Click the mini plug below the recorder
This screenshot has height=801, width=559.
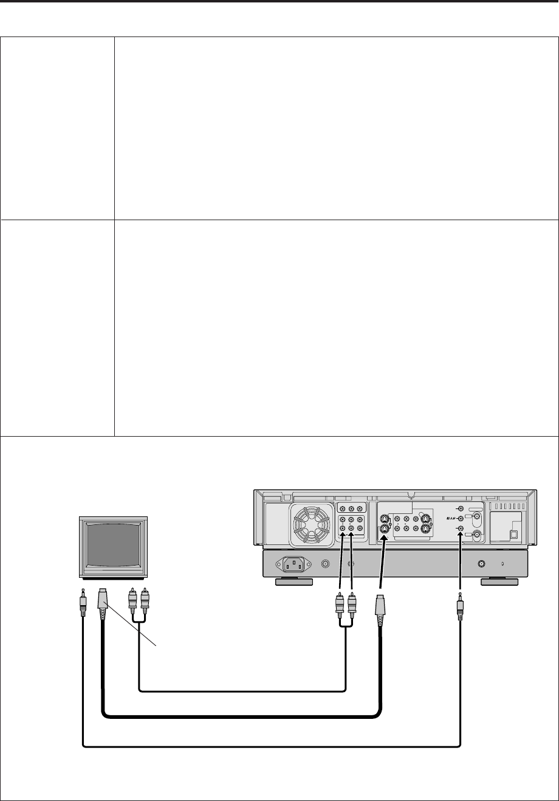point(460,608)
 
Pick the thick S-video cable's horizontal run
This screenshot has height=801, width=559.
point(243,716)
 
